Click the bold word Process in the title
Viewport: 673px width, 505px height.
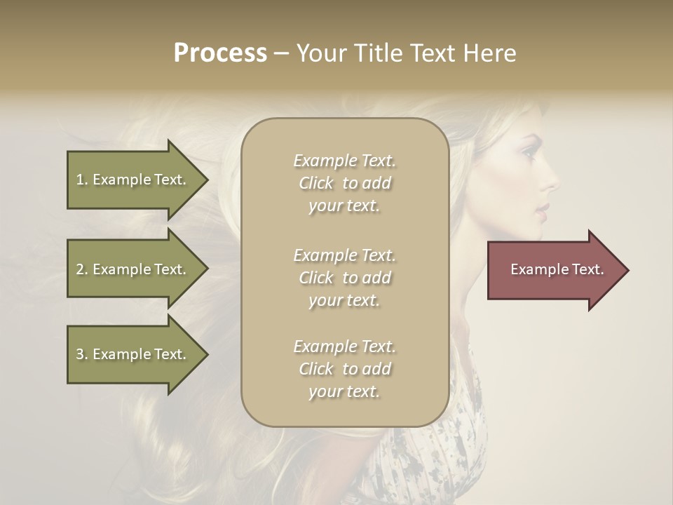point(220,53)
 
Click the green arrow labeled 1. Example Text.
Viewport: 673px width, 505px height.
point(133,180)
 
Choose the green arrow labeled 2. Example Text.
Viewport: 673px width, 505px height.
point(133,269)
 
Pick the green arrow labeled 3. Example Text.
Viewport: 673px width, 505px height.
point(133,354)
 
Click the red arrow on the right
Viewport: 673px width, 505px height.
point(554,270)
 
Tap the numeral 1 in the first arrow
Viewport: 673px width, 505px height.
point(80,180)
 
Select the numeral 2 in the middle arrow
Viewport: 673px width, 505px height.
point(80,269)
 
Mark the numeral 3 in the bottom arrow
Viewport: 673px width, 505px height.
point(80,354)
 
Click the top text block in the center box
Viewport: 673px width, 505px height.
point(344,183)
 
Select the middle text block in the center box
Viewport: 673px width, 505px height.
point(344,278)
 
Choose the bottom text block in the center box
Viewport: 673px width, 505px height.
point(344,369)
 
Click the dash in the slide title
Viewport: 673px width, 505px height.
point(282,53)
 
